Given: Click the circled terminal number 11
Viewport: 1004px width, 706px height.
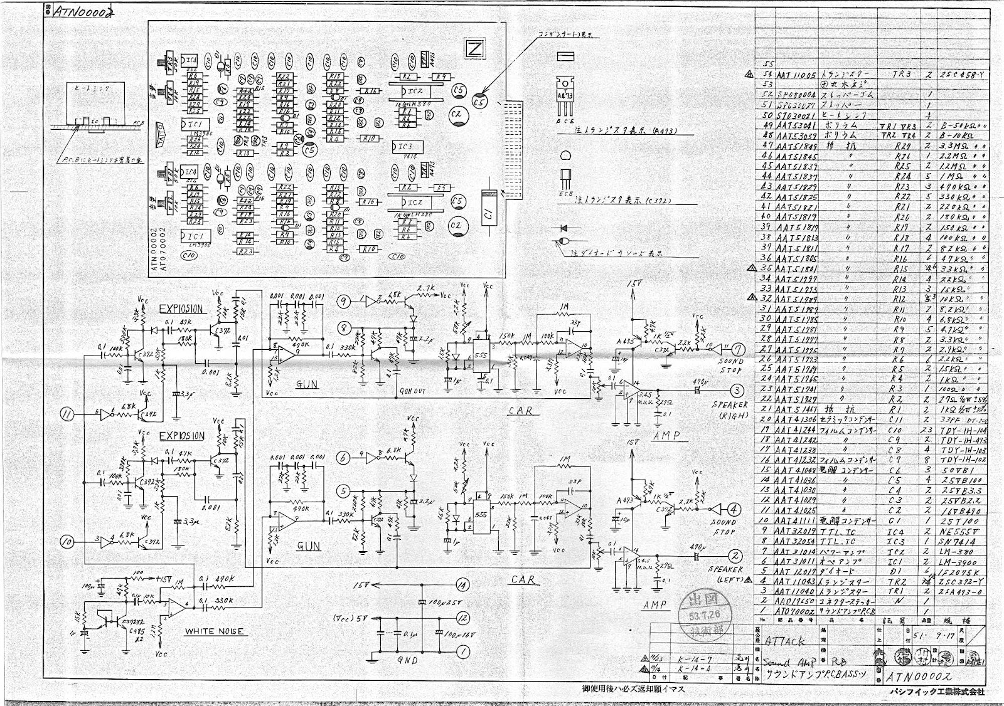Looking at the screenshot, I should point(67,414).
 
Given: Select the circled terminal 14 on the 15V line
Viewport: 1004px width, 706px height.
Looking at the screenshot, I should point(462,585).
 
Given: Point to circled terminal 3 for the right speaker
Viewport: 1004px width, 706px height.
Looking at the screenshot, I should point(737,390).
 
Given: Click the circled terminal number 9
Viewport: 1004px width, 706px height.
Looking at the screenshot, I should point(343,302).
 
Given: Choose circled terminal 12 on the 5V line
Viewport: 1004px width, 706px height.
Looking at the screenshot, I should point(462,618).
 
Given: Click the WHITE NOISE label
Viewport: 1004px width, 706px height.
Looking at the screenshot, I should point(214,631).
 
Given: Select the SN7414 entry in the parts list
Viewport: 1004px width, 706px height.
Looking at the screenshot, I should point(955,540).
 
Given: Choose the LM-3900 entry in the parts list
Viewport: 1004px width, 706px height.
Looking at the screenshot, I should point(955,562).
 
